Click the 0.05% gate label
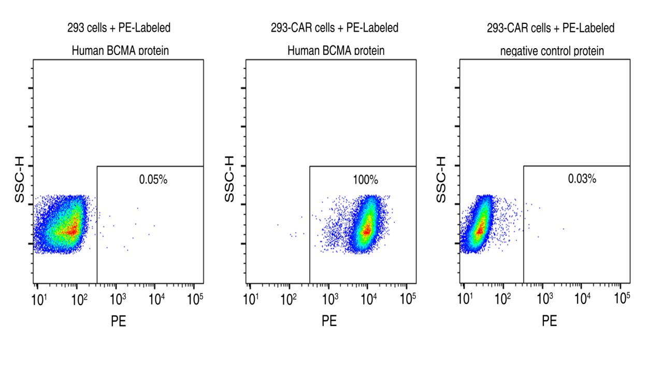tap(153, 180)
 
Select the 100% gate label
tap(366, 180)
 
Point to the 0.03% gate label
tap(582, 179)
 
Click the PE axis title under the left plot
tap(119, 321)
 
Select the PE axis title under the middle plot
tap(329, 321)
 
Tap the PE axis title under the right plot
tap(550, 321)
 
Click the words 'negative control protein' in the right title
tap(550, 51)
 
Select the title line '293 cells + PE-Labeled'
tap(119, 28)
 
